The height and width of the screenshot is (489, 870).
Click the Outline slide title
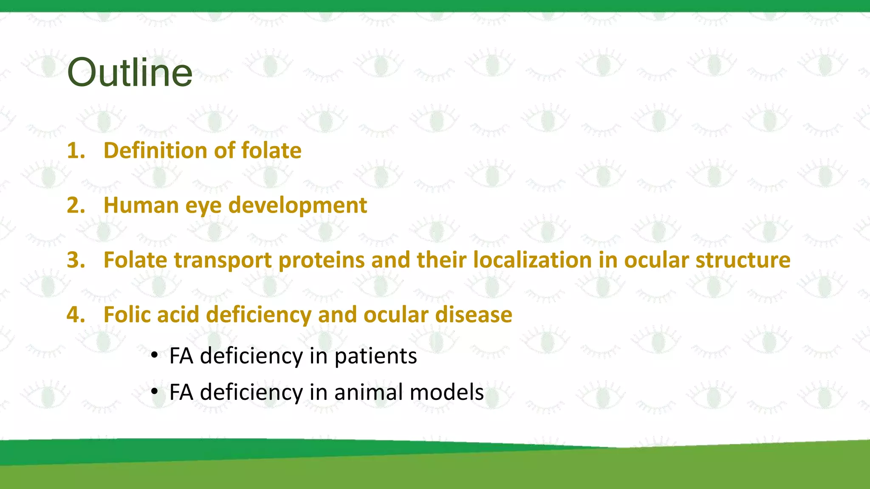pyautogui.click(x=130, y=72)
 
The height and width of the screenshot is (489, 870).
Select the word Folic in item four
pyautogui.click(x=127, y=315)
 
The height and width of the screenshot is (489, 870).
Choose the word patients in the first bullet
pyautogui.click(x=376, y=357)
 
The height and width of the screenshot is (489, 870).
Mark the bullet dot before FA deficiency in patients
pyautogui.click(x=155, y=354)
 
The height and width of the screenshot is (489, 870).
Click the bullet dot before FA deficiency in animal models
pyautogui.click(x=155, y=391)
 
